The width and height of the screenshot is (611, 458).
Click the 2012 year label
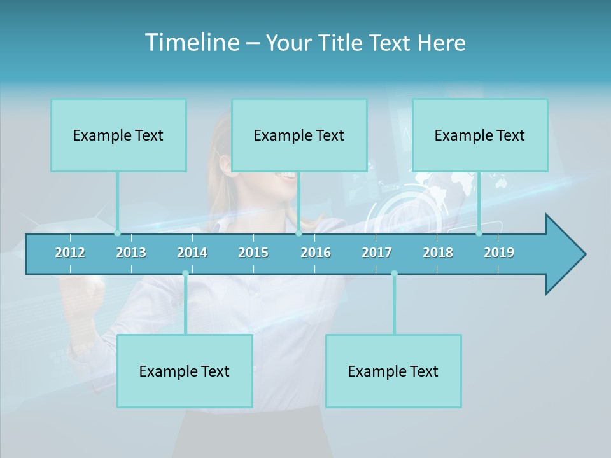click(70, 253)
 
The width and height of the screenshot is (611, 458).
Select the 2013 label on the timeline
click(131, 253)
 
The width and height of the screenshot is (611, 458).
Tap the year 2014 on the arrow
click(192, 253)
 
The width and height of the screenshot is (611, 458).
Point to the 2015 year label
click(253, 253)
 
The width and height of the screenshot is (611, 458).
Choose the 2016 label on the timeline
click(316, 253)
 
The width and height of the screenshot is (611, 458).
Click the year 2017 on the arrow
click(377, 253)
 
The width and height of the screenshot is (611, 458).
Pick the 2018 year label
click(438, 253)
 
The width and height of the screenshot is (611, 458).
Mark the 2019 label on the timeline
click(499, 253)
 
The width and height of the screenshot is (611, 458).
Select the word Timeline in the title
click(192, 43)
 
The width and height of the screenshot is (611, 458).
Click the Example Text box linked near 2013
click(118, 135)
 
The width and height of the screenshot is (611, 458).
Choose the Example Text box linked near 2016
click(299, 135)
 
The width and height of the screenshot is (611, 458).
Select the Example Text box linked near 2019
click(480, 135)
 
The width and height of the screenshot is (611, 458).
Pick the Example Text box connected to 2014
click(185, 371)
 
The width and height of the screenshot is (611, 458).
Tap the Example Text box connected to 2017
click(393, 371)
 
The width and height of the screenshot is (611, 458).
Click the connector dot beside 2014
click(185, 274)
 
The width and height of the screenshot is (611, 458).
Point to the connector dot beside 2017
click(394, 274)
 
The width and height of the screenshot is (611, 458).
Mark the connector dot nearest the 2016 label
click(298, 233)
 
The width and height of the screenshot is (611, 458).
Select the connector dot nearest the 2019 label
click(479, 233)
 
